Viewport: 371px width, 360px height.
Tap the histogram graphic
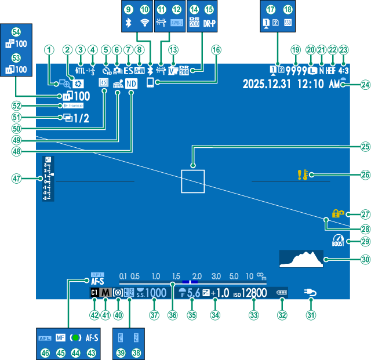click(301, 259)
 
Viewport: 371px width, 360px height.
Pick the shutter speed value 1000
click(155, 293)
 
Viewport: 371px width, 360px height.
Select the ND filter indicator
click(132, 84)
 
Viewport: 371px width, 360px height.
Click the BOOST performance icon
click(338, 241)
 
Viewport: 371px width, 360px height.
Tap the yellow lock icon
click(337, 213)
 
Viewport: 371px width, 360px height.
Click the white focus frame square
click(192, 180)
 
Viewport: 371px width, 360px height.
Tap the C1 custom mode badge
click(94, 293)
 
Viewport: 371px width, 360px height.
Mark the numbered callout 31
click(311, 315)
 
